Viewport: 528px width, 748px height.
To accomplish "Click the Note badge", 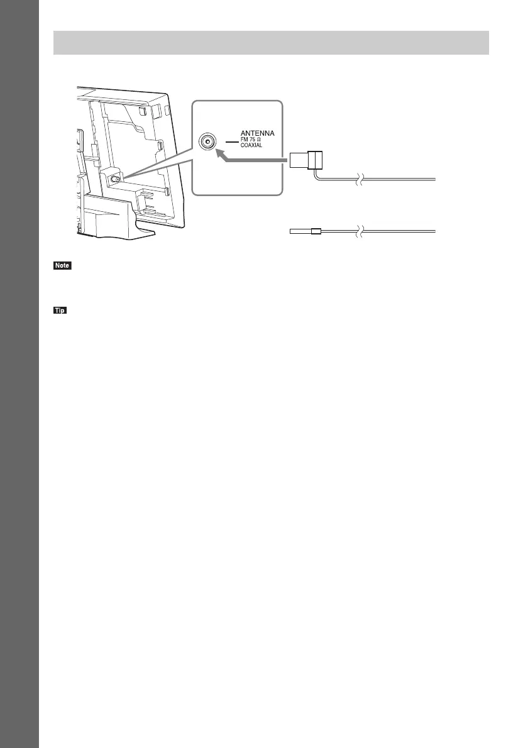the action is pos(63,267).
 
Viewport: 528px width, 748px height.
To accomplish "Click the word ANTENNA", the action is pos(263,134).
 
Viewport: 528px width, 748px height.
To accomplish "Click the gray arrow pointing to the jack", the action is pos(251,161).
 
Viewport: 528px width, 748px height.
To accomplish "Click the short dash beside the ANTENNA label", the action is pos(231,142).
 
